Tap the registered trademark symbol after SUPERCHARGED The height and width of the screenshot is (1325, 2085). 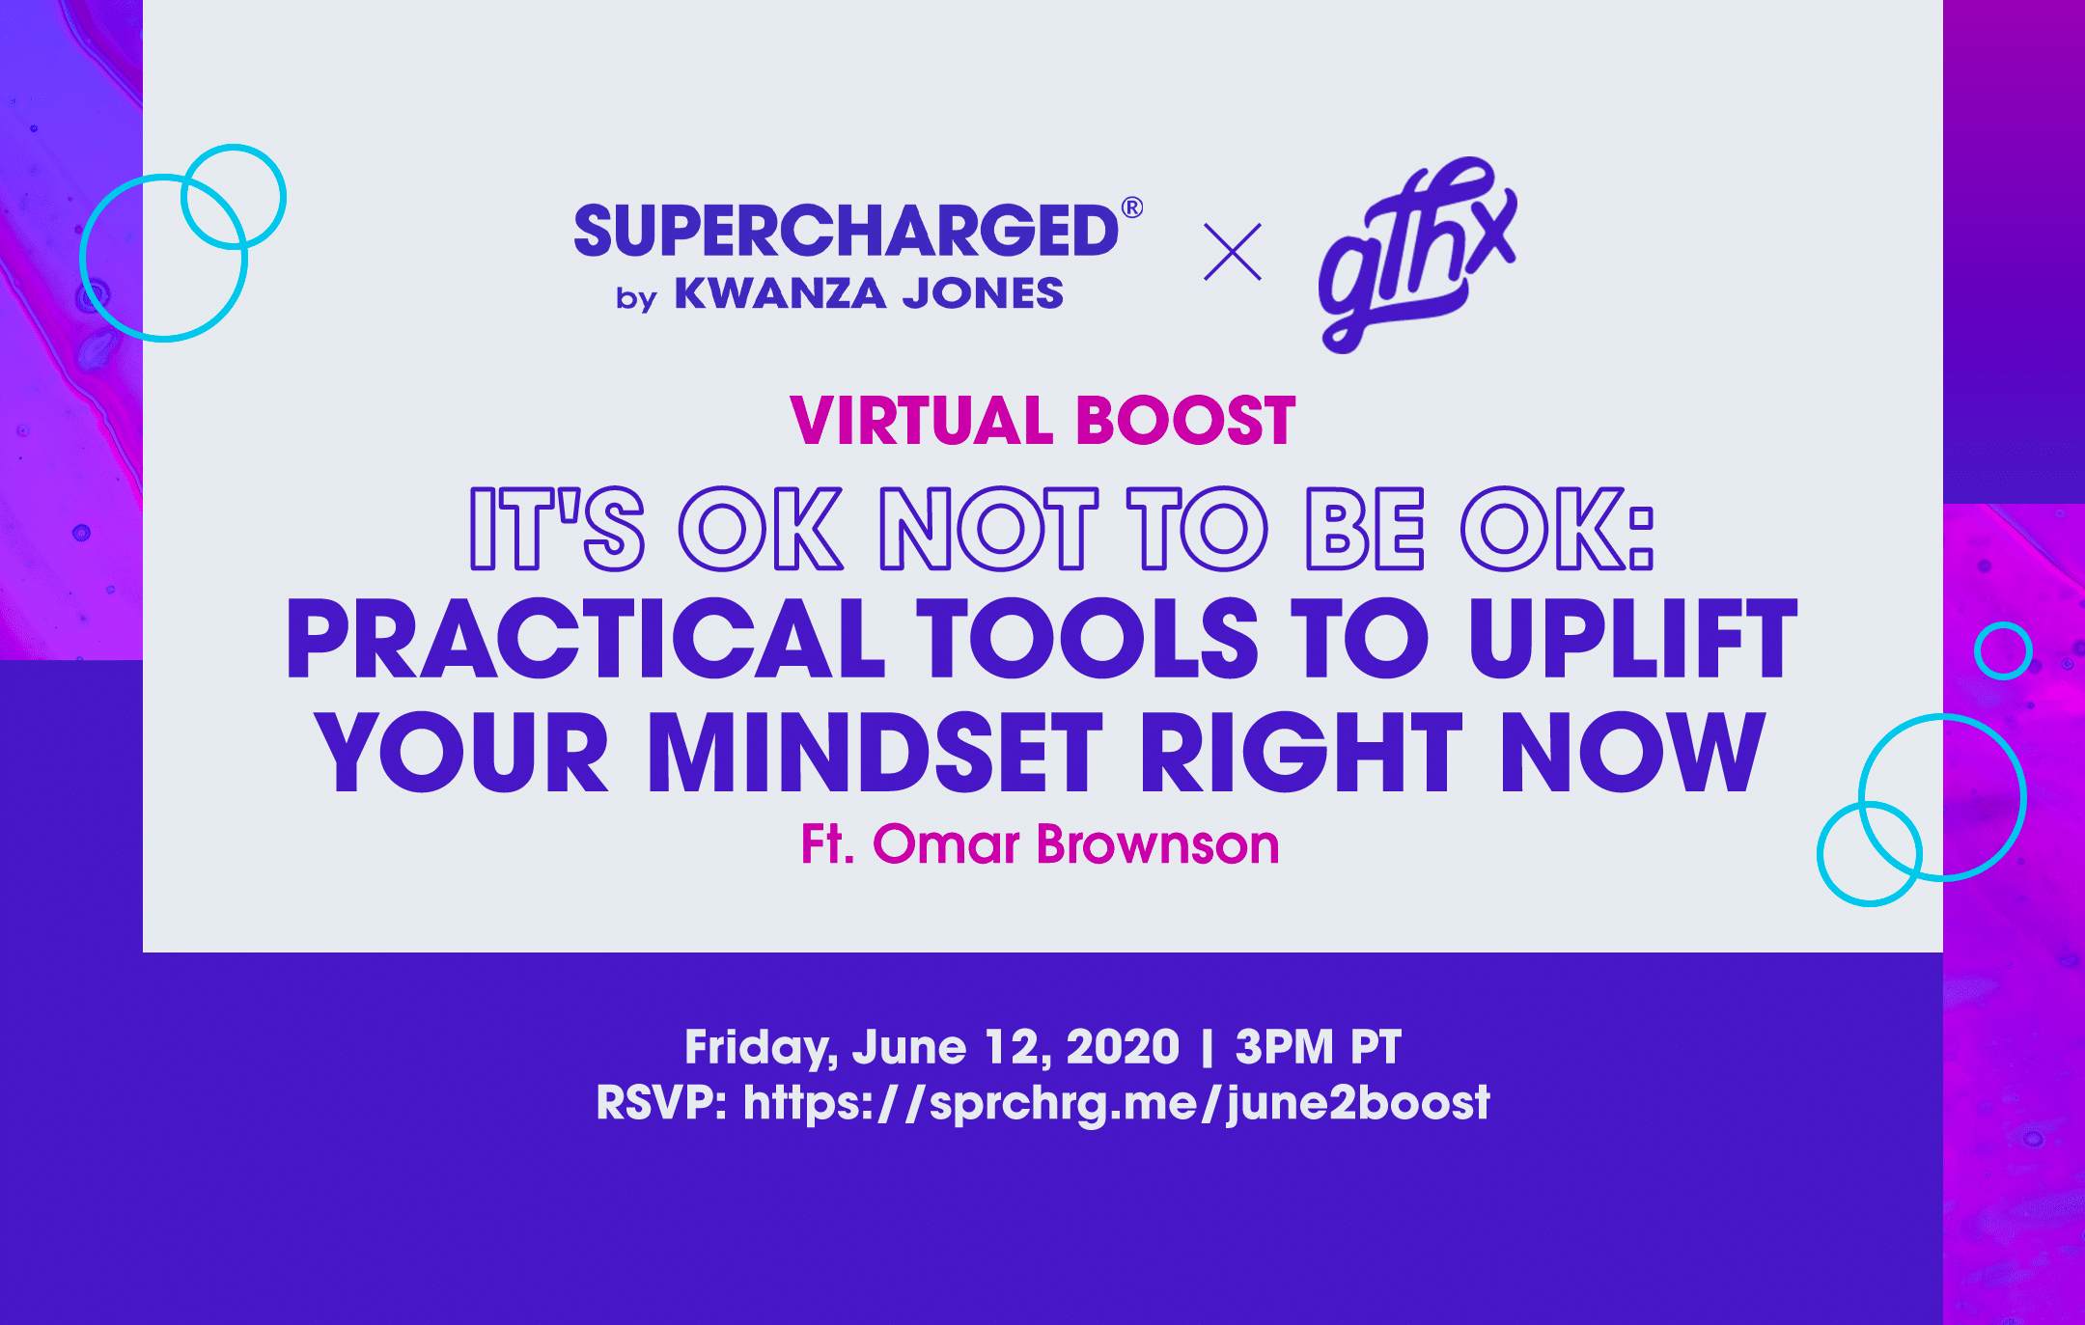click(1132, 207)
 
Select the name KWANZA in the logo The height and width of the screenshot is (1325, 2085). click(780, 293)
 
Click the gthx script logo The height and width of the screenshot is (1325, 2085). click(1417, 255)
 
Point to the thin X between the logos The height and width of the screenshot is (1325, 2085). click(1233, 252)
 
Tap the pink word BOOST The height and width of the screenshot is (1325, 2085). click(1185, 421)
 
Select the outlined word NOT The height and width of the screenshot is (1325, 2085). click(988, 528)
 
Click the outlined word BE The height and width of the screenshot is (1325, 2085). click(1365, 528)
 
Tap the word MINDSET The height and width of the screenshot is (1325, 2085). click(876, 752)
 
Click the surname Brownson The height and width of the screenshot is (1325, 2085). click(1157, 844)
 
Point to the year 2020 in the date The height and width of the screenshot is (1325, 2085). click(1123, 1046)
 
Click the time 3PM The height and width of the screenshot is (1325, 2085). click(1285, 1046)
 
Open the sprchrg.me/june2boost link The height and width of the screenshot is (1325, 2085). click(1116, 1103)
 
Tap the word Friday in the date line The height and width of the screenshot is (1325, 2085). click(760, 1048)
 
